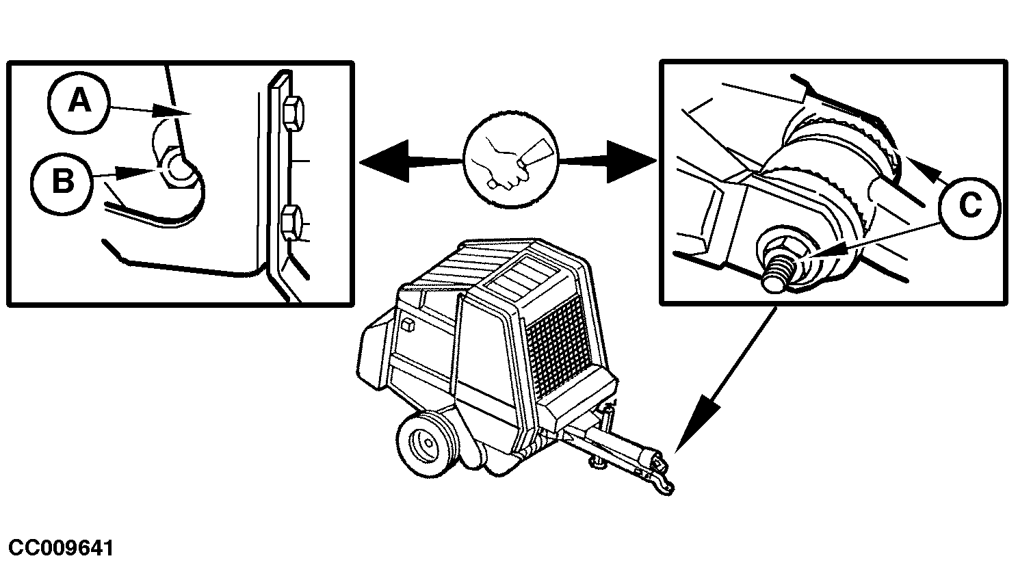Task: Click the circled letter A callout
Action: pos(79,102)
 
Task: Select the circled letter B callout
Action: pos(63,183)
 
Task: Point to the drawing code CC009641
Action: pos(61,548)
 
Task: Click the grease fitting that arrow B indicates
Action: pos(179,168)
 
